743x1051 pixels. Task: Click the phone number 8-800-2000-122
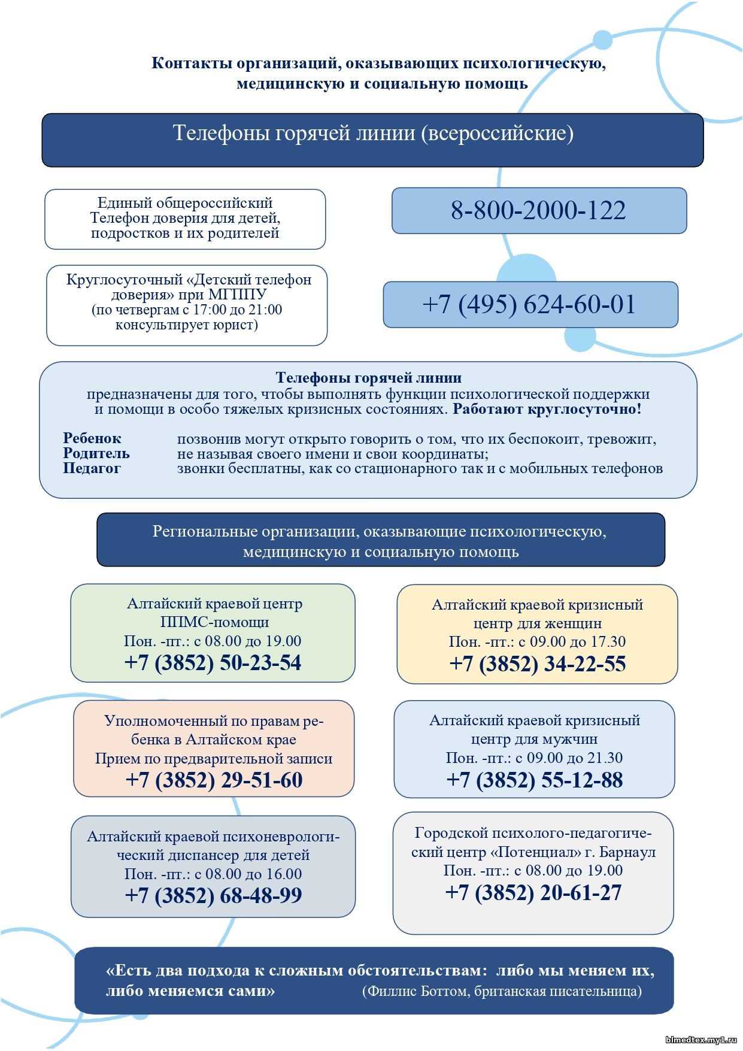(x=538, y=210)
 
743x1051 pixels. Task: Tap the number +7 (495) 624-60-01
(x=529, y=304)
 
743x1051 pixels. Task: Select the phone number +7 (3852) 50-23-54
(x=213, y=663)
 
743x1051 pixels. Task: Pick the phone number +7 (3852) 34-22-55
(x=537, y=664)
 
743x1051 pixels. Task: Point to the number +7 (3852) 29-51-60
(x=214, y=780)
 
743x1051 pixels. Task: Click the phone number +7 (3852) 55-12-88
(x=534, y=780)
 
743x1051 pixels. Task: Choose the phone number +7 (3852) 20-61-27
(x=533, y=893)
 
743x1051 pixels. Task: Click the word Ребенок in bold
(x=92, y=438)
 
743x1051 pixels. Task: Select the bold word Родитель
(x=96, y=453)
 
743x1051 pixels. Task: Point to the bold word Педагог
(x=92, y=468)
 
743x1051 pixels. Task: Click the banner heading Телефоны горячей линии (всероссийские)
(x=372, y=133)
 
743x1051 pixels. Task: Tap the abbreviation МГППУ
(x=237, y=295)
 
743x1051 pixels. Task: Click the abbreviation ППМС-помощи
(x=214, y=622)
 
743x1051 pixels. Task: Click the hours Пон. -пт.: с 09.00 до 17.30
(x=537, y=642)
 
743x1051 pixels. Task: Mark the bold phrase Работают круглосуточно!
(x=547, y=410)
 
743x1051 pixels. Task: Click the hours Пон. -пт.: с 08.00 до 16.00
(x=213, y=874)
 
